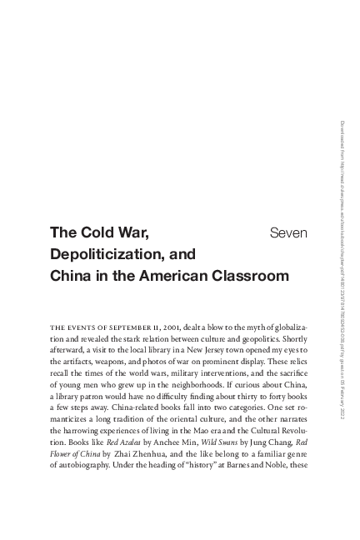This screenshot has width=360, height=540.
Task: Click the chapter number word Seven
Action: [289, 232]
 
